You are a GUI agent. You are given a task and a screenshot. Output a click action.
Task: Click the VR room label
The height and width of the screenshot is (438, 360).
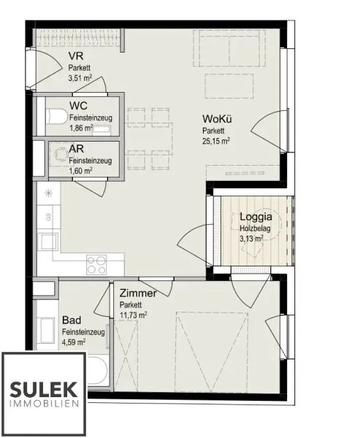(74, 56)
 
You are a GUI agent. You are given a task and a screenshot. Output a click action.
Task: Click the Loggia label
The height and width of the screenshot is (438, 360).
(256, 217)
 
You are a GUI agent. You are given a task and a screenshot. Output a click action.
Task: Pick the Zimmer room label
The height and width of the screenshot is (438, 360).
(138, 293)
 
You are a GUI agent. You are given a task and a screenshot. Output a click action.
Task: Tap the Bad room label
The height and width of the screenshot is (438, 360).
(72, 320)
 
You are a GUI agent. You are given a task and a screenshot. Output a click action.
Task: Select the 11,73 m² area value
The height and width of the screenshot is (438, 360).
(133, 315)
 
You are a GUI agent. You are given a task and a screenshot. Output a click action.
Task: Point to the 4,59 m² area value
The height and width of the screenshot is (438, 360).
(74, 341)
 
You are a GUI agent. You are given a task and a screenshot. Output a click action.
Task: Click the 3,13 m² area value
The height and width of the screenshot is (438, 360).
(253, 237)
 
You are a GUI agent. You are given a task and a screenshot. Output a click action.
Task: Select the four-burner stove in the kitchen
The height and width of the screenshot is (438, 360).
(97, 262)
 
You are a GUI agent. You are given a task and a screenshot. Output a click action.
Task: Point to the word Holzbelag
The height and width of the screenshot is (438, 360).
(255, 228)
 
